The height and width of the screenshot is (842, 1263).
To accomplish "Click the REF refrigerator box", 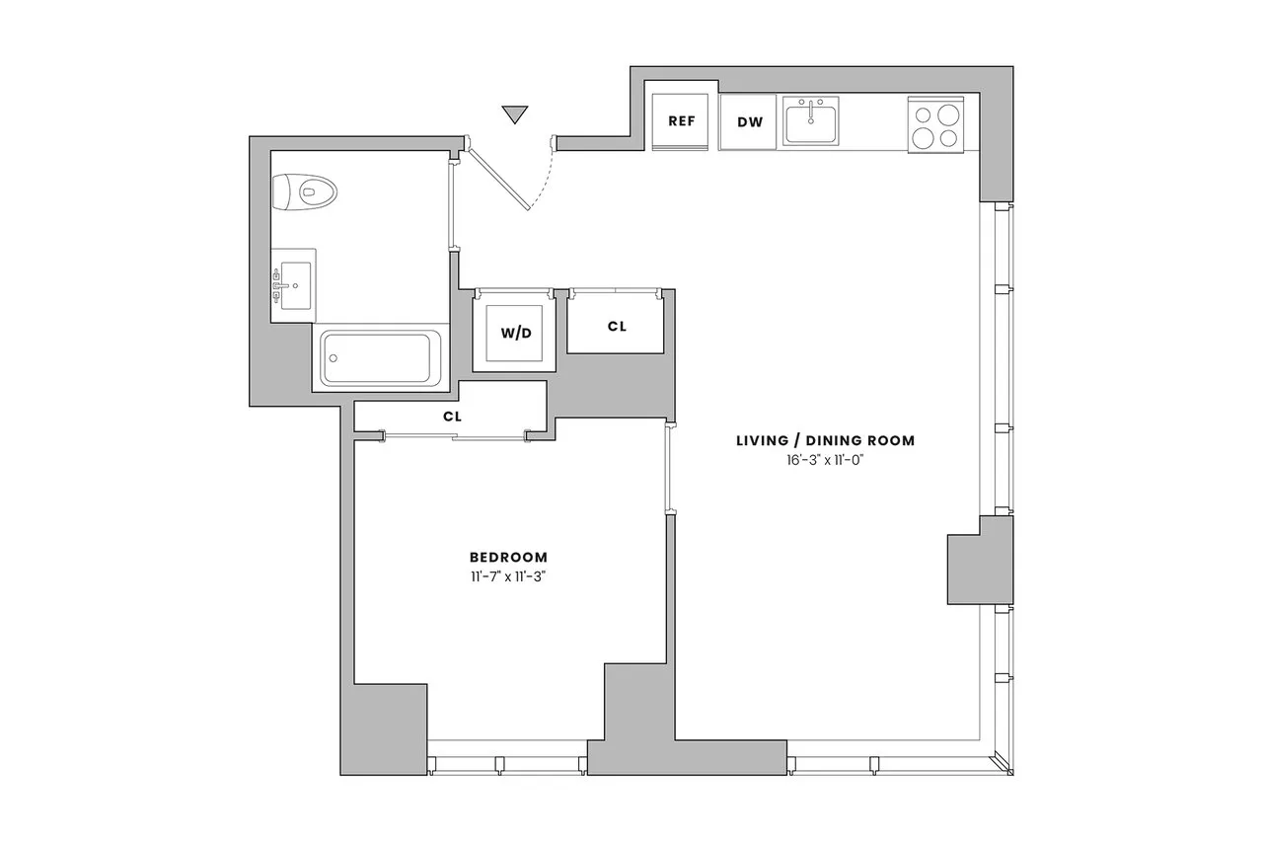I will [682, 121].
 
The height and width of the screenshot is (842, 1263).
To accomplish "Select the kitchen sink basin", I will [809, 123].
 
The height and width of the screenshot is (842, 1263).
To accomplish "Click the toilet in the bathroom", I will [304, 191].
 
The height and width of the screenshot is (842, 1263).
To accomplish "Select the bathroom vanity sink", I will [295, 285].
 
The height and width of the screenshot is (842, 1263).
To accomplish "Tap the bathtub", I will [380, 359].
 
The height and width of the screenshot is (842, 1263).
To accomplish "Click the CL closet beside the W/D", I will [616, 326].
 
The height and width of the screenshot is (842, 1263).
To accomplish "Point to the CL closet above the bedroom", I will [452, 417].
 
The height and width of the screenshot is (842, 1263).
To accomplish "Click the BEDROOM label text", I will [508, 558].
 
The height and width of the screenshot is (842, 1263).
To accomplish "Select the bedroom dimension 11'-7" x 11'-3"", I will [508, 577].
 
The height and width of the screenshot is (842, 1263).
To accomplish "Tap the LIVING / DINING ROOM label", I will [825, 441].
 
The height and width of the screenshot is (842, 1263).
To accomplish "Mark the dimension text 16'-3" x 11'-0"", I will [825, 460].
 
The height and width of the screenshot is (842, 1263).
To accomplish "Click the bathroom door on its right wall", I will [452, 202].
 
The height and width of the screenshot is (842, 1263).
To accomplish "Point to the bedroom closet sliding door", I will [454, 435].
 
